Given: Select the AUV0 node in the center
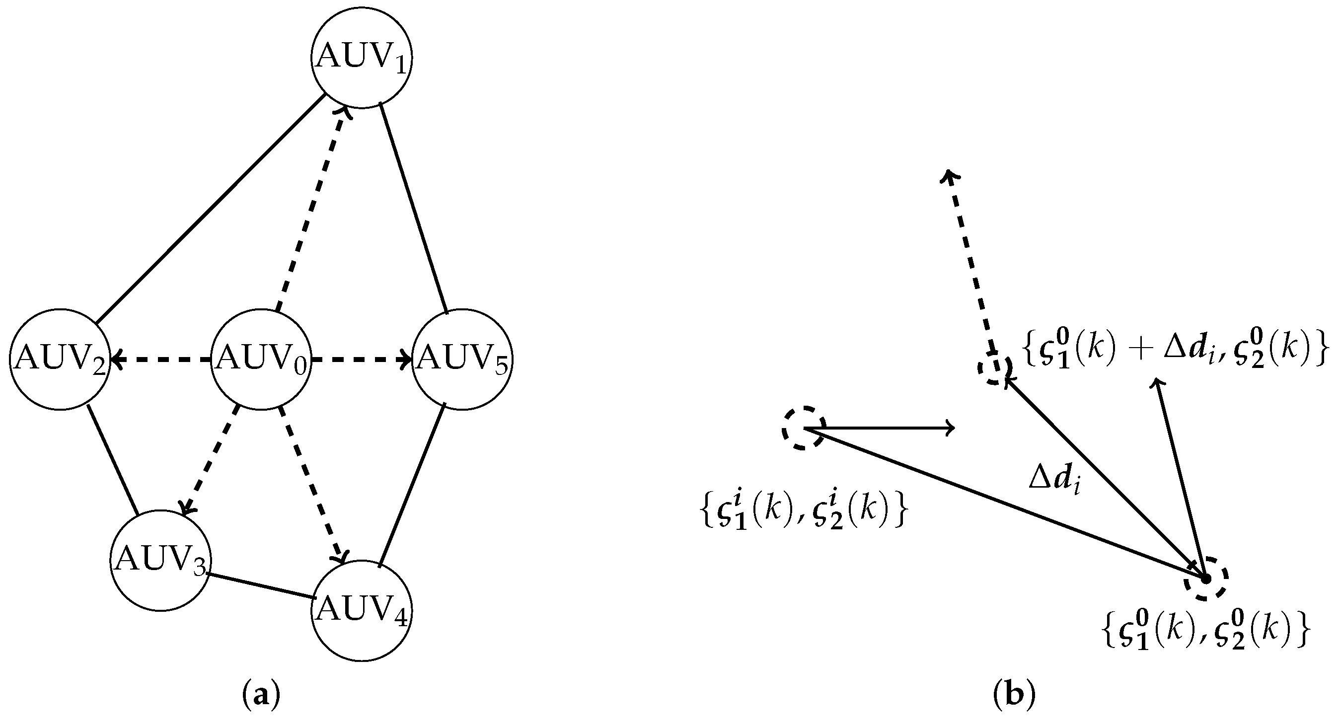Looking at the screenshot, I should click(261, 360).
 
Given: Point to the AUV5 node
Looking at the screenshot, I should click(462, 360).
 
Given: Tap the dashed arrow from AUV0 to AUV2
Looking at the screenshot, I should click(161, 360).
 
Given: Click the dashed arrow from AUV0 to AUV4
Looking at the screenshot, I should click(310, 484).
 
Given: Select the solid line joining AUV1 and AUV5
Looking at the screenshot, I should click(414, 208).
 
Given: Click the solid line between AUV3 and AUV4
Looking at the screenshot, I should click(260, 585).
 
